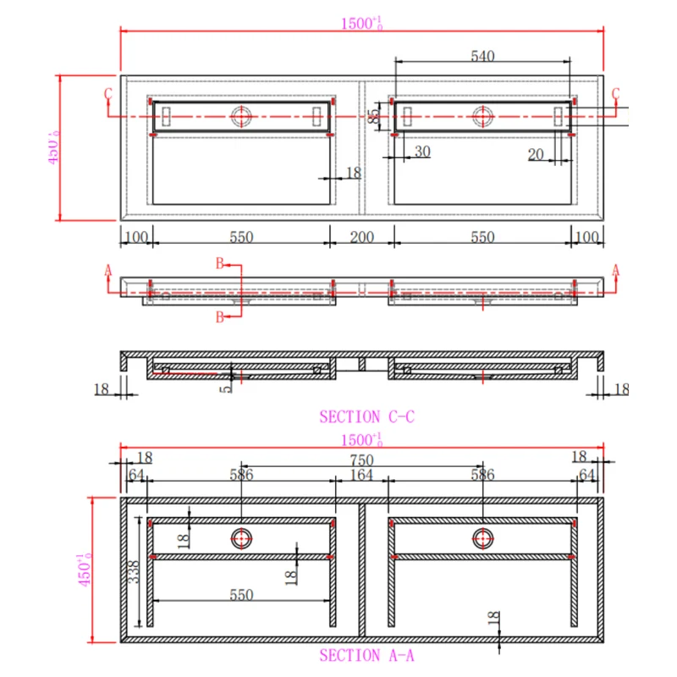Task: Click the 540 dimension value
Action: pos(482,56)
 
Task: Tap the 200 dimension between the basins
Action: pos(362,237)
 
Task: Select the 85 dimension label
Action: pos(374,116)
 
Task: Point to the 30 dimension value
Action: pos(422,151)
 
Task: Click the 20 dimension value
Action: pos(536,155)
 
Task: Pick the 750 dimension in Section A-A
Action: pos(362,460)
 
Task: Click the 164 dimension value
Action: pos(361,475)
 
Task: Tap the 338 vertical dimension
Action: pos(134,572)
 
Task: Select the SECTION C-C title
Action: pos(367,416)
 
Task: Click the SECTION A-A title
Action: pos(367,655)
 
